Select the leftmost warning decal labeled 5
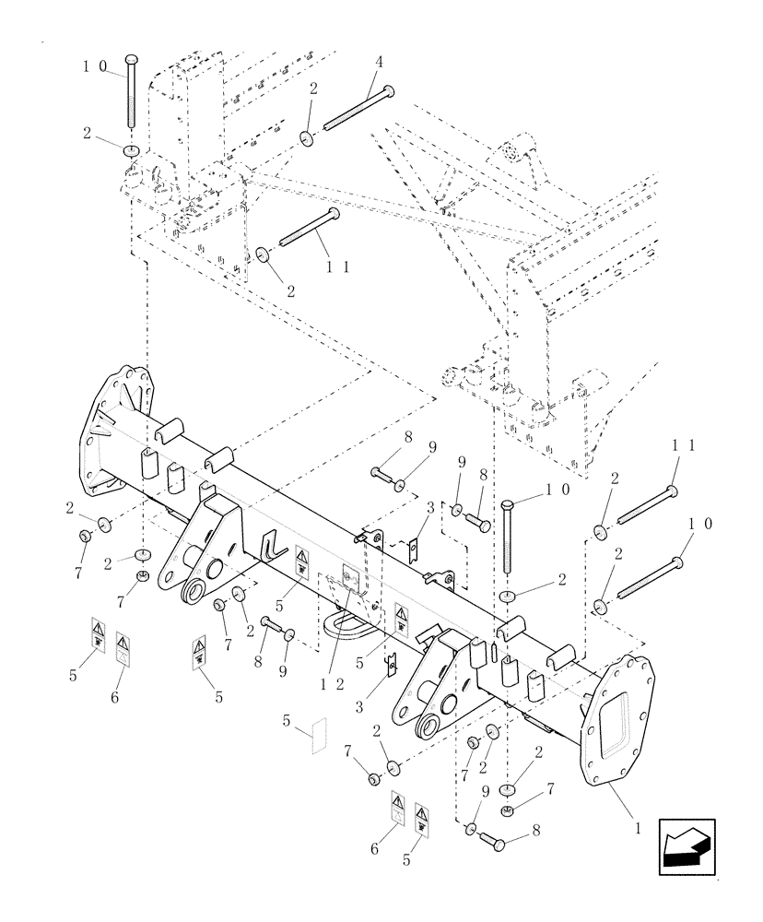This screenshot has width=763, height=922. tap(98, 634)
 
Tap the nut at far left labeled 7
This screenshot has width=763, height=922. tap(86, 536)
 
